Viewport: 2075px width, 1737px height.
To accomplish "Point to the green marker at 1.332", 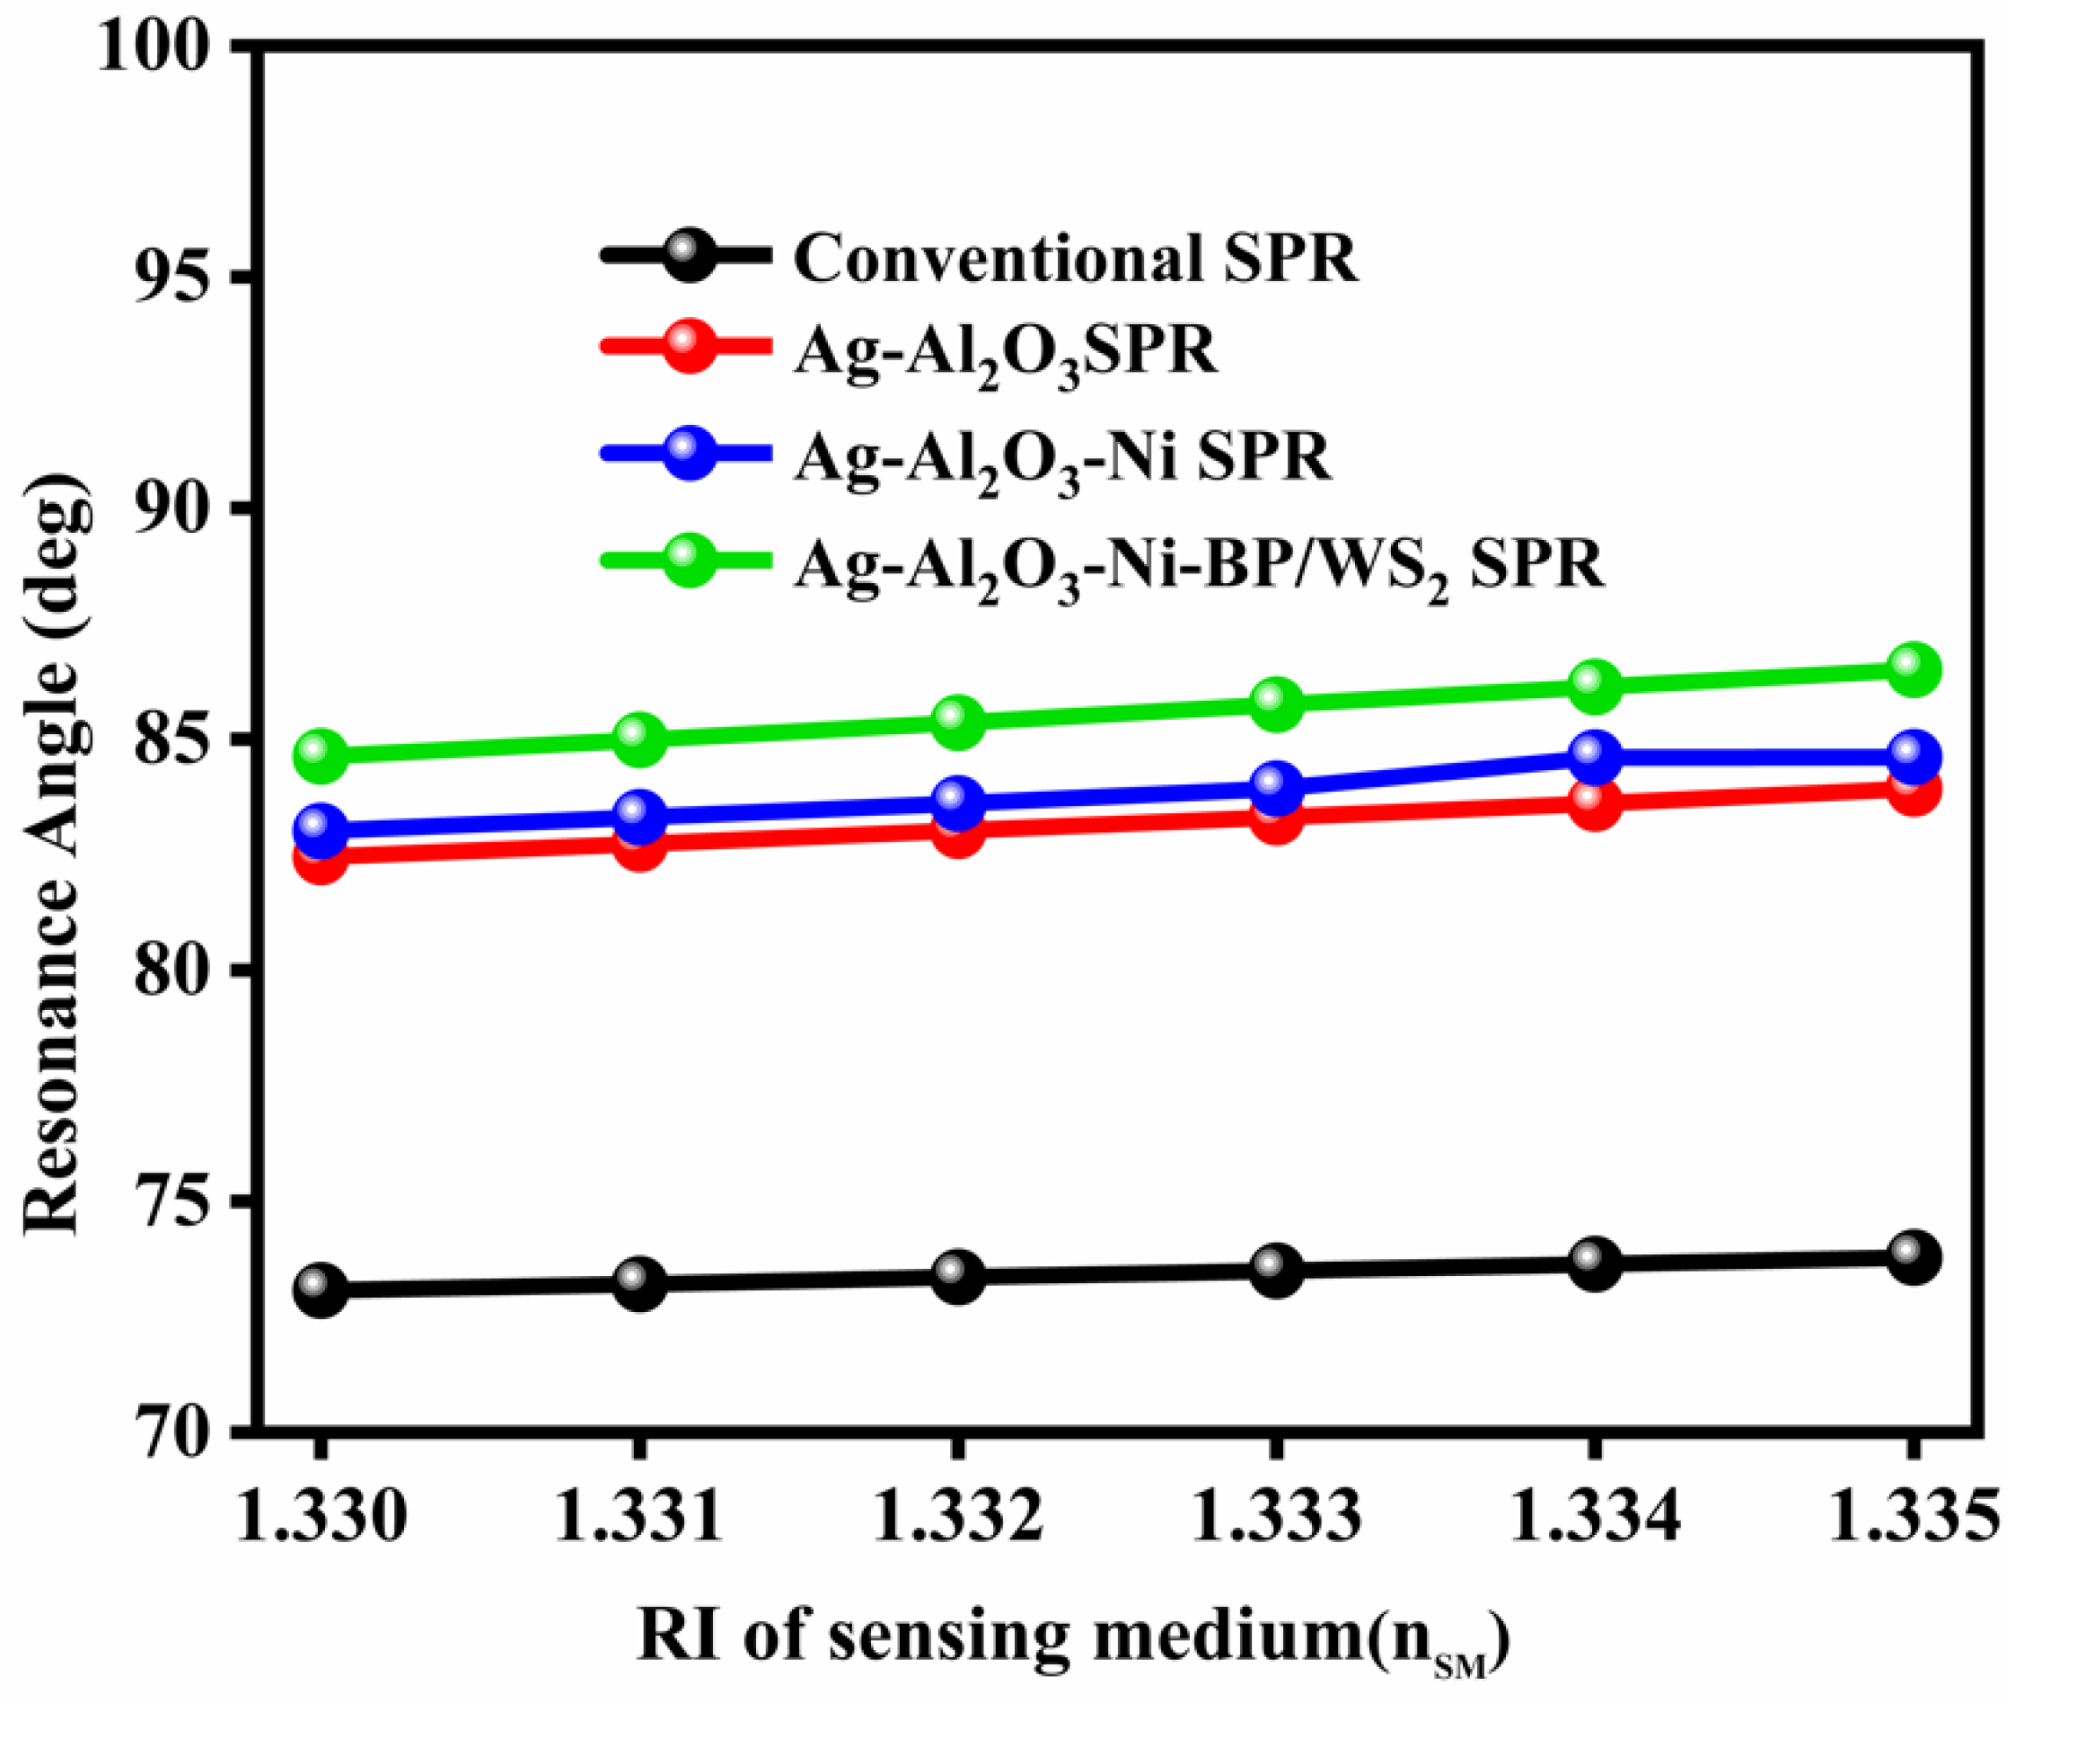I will [x=957, y=720].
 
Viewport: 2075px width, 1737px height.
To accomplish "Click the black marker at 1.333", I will [x=1276, y=1271].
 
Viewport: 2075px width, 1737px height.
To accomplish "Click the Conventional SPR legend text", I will [x=1075, y=259].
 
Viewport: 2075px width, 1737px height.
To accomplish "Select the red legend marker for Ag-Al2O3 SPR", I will [x=688, y=347].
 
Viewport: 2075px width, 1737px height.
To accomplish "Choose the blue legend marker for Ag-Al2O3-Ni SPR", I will [x=688, y=453].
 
